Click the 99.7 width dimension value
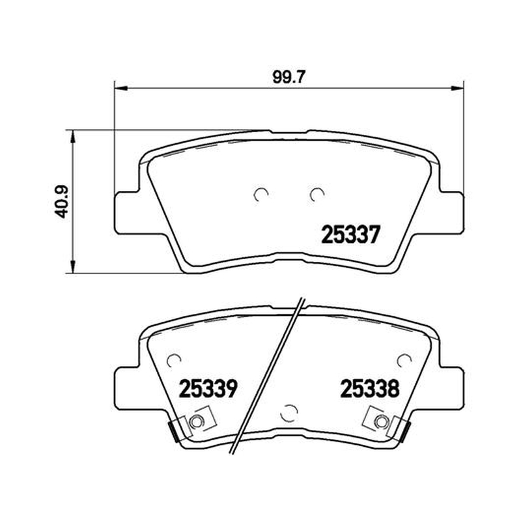[x=289, y=77]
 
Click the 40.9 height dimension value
[x=61, y=202]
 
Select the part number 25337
[x=350, y=234]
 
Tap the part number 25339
[x=208, y=388]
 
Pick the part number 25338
[x=370, y=388]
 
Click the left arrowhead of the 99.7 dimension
[x=121, y=89]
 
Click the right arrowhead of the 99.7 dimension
[x=457, y=89]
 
